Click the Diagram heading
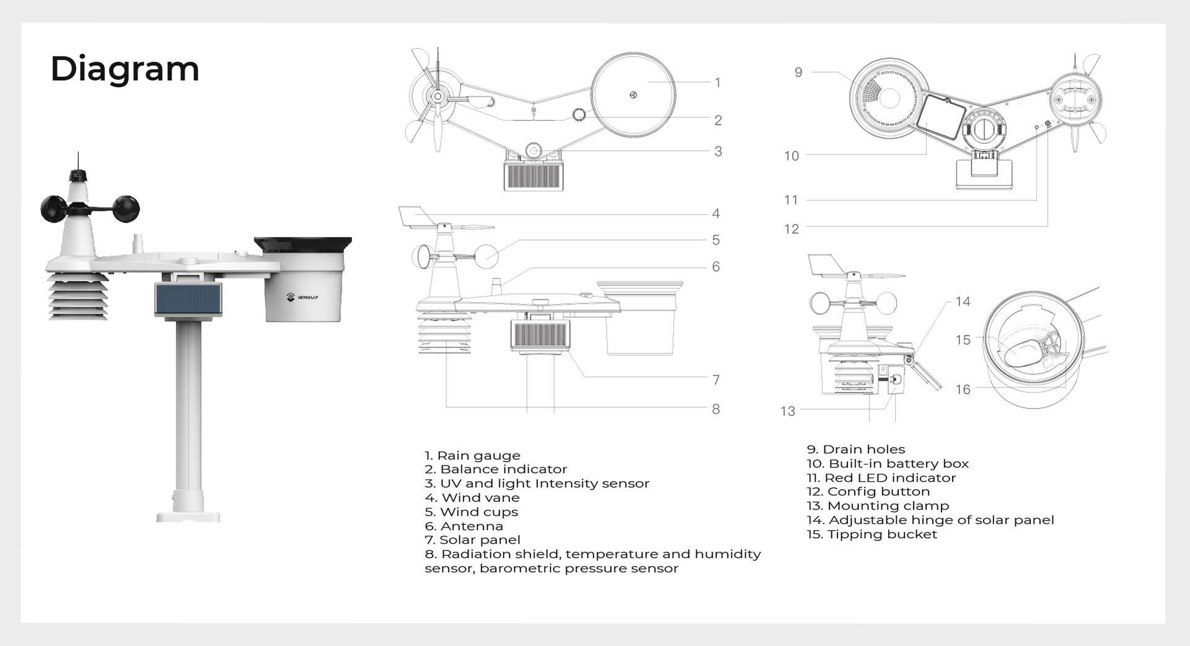coord(125,69)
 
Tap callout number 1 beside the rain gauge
coord(717,82)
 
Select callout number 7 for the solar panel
coord(716,379)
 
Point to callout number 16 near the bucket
coord(963,389)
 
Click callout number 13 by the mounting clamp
coord(787,411)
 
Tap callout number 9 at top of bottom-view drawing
coord(798,73)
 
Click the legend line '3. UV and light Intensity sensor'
coord(537,484)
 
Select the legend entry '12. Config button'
coord(868,492)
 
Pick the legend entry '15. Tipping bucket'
coord(871,534)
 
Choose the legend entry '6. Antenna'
coord(464,526)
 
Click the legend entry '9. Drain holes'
coord(855,449)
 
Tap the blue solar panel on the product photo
coord(188,299)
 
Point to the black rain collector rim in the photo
coord(302,244)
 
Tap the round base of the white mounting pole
coord(188,515)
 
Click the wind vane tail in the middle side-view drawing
coord(416,216)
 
